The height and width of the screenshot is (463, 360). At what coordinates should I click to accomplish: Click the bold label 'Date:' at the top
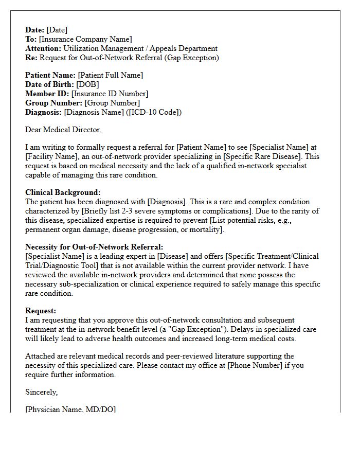[35, 30]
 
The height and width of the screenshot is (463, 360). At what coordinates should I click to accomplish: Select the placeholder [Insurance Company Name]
[85, 39]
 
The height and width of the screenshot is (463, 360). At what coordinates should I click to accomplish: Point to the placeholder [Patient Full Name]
[111, 75]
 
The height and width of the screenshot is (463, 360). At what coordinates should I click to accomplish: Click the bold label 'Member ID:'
[47, 94]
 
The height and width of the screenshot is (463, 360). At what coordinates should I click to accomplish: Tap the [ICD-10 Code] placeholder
[153, 112]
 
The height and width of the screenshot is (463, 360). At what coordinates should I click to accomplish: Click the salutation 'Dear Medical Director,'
[63, 130]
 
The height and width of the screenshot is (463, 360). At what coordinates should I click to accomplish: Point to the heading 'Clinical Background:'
[63, 193]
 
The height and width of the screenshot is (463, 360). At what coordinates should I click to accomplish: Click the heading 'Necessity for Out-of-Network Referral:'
[94, 247]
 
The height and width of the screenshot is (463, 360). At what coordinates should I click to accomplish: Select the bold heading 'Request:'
[41, 311]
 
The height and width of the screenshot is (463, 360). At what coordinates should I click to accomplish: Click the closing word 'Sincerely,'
[42, 392]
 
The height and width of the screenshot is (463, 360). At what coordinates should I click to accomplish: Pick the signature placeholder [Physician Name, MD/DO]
[70, 409]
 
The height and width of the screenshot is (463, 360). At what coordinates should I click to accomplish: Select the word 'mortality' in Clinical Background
[205, 229]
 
